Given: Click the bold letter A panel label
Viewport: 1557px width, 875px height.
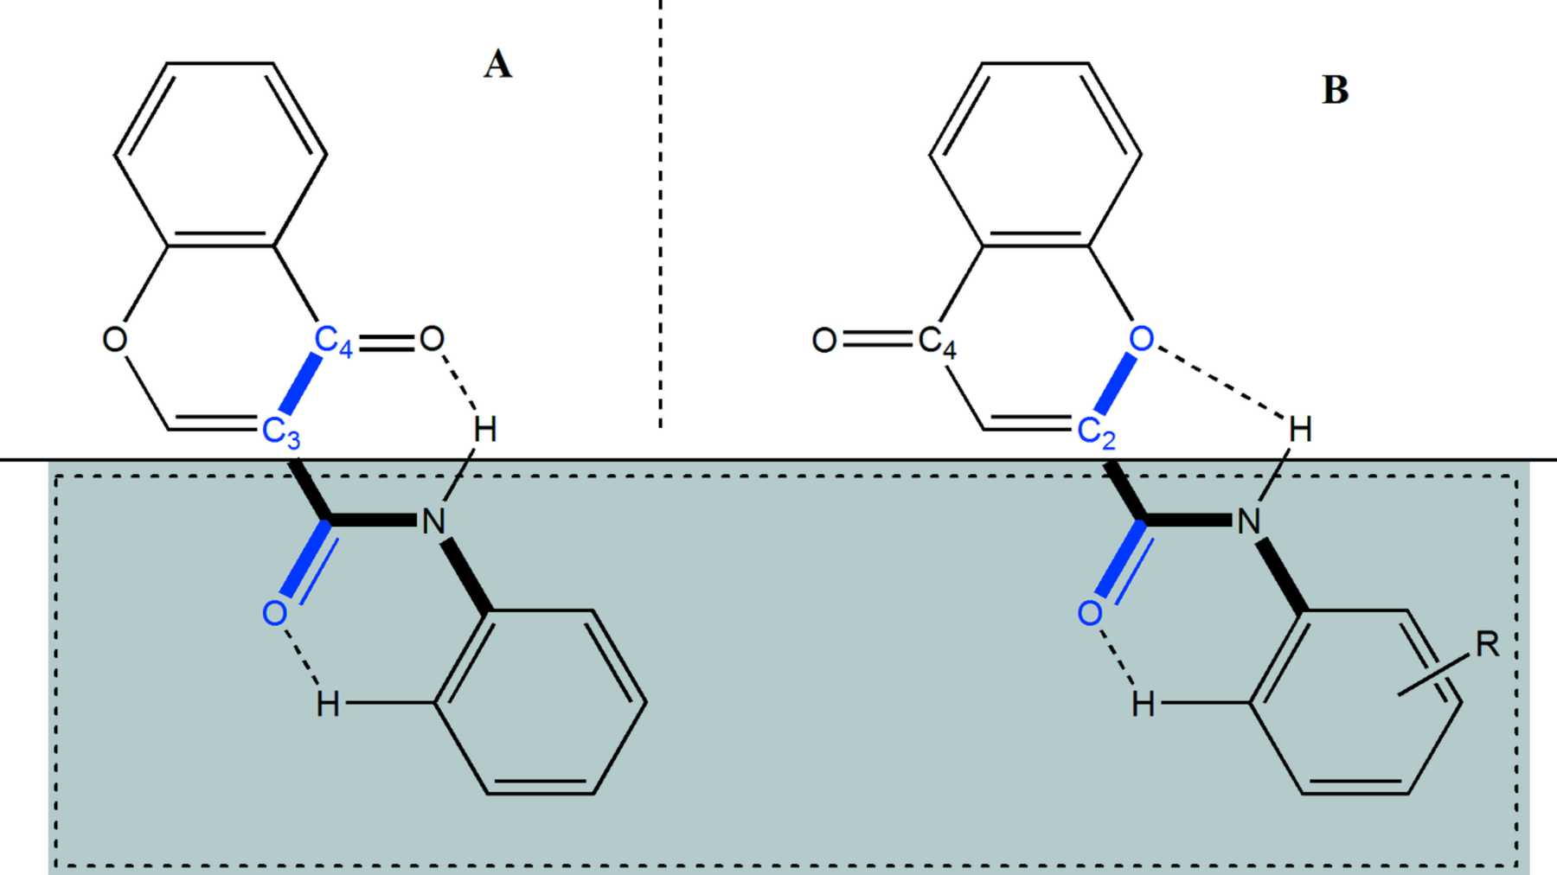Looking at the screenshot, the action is tap(497, 65).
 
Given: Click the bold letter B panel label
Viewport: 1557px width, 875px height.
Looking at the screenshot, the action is tap(1336, 90).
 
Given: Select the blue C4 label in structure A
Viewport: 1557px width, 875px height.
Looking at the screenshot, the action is tap(332, 341).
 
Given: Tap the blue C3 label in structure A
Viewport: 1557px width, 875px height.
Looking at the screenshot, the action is tap(281, 431).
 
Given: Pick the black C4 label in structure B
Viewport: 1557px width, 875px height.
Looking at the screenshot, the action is tap(937, 341).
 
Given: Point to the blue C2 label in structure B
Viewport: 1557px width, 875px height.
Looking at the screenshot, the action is tap(1096, 431).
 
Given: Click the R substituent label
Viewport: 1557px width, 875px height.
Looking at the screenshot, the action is tap(1487, 644).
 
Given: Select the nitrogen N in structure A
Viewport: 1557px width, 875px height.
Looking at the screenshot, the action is tap(432, 521).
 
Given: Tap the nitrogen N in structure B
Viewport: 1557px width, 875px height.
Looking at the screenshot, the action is tap(1248, 521).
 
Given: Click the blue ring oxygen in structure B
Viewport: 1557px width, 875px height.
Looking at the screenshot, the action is tap(1142, 339).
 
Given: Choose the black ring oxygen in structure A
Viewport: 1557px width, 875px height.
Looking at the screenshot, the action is tap(114, 339).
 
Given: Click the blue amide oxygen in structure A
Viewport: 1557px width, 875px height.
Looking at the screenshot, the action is tap(274, 613).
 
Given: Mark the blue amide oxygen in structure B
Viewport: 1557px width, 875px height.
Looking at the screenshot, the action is tap(1090, 613).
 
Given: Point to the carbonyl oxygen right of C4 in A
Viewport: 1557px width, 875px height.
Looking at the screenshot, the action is tap(432, 339).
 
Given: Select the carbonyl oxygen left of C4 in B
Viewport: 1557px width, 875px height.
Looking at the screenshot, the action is tap(824, 341).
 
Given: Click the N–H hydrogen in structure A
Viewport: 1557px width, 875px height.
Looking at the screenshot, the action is tap(485, 430).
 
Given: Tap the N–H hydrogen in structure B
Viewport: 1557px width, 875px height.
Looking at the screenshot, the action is tap(1300, 430).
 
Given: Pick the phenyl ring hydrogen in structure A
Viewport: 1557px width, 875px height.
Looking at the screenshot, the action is tap(327, 705).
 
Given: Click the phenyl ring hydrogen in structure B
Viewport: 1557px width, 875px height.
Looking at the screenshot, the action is tap(1143, 705).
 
